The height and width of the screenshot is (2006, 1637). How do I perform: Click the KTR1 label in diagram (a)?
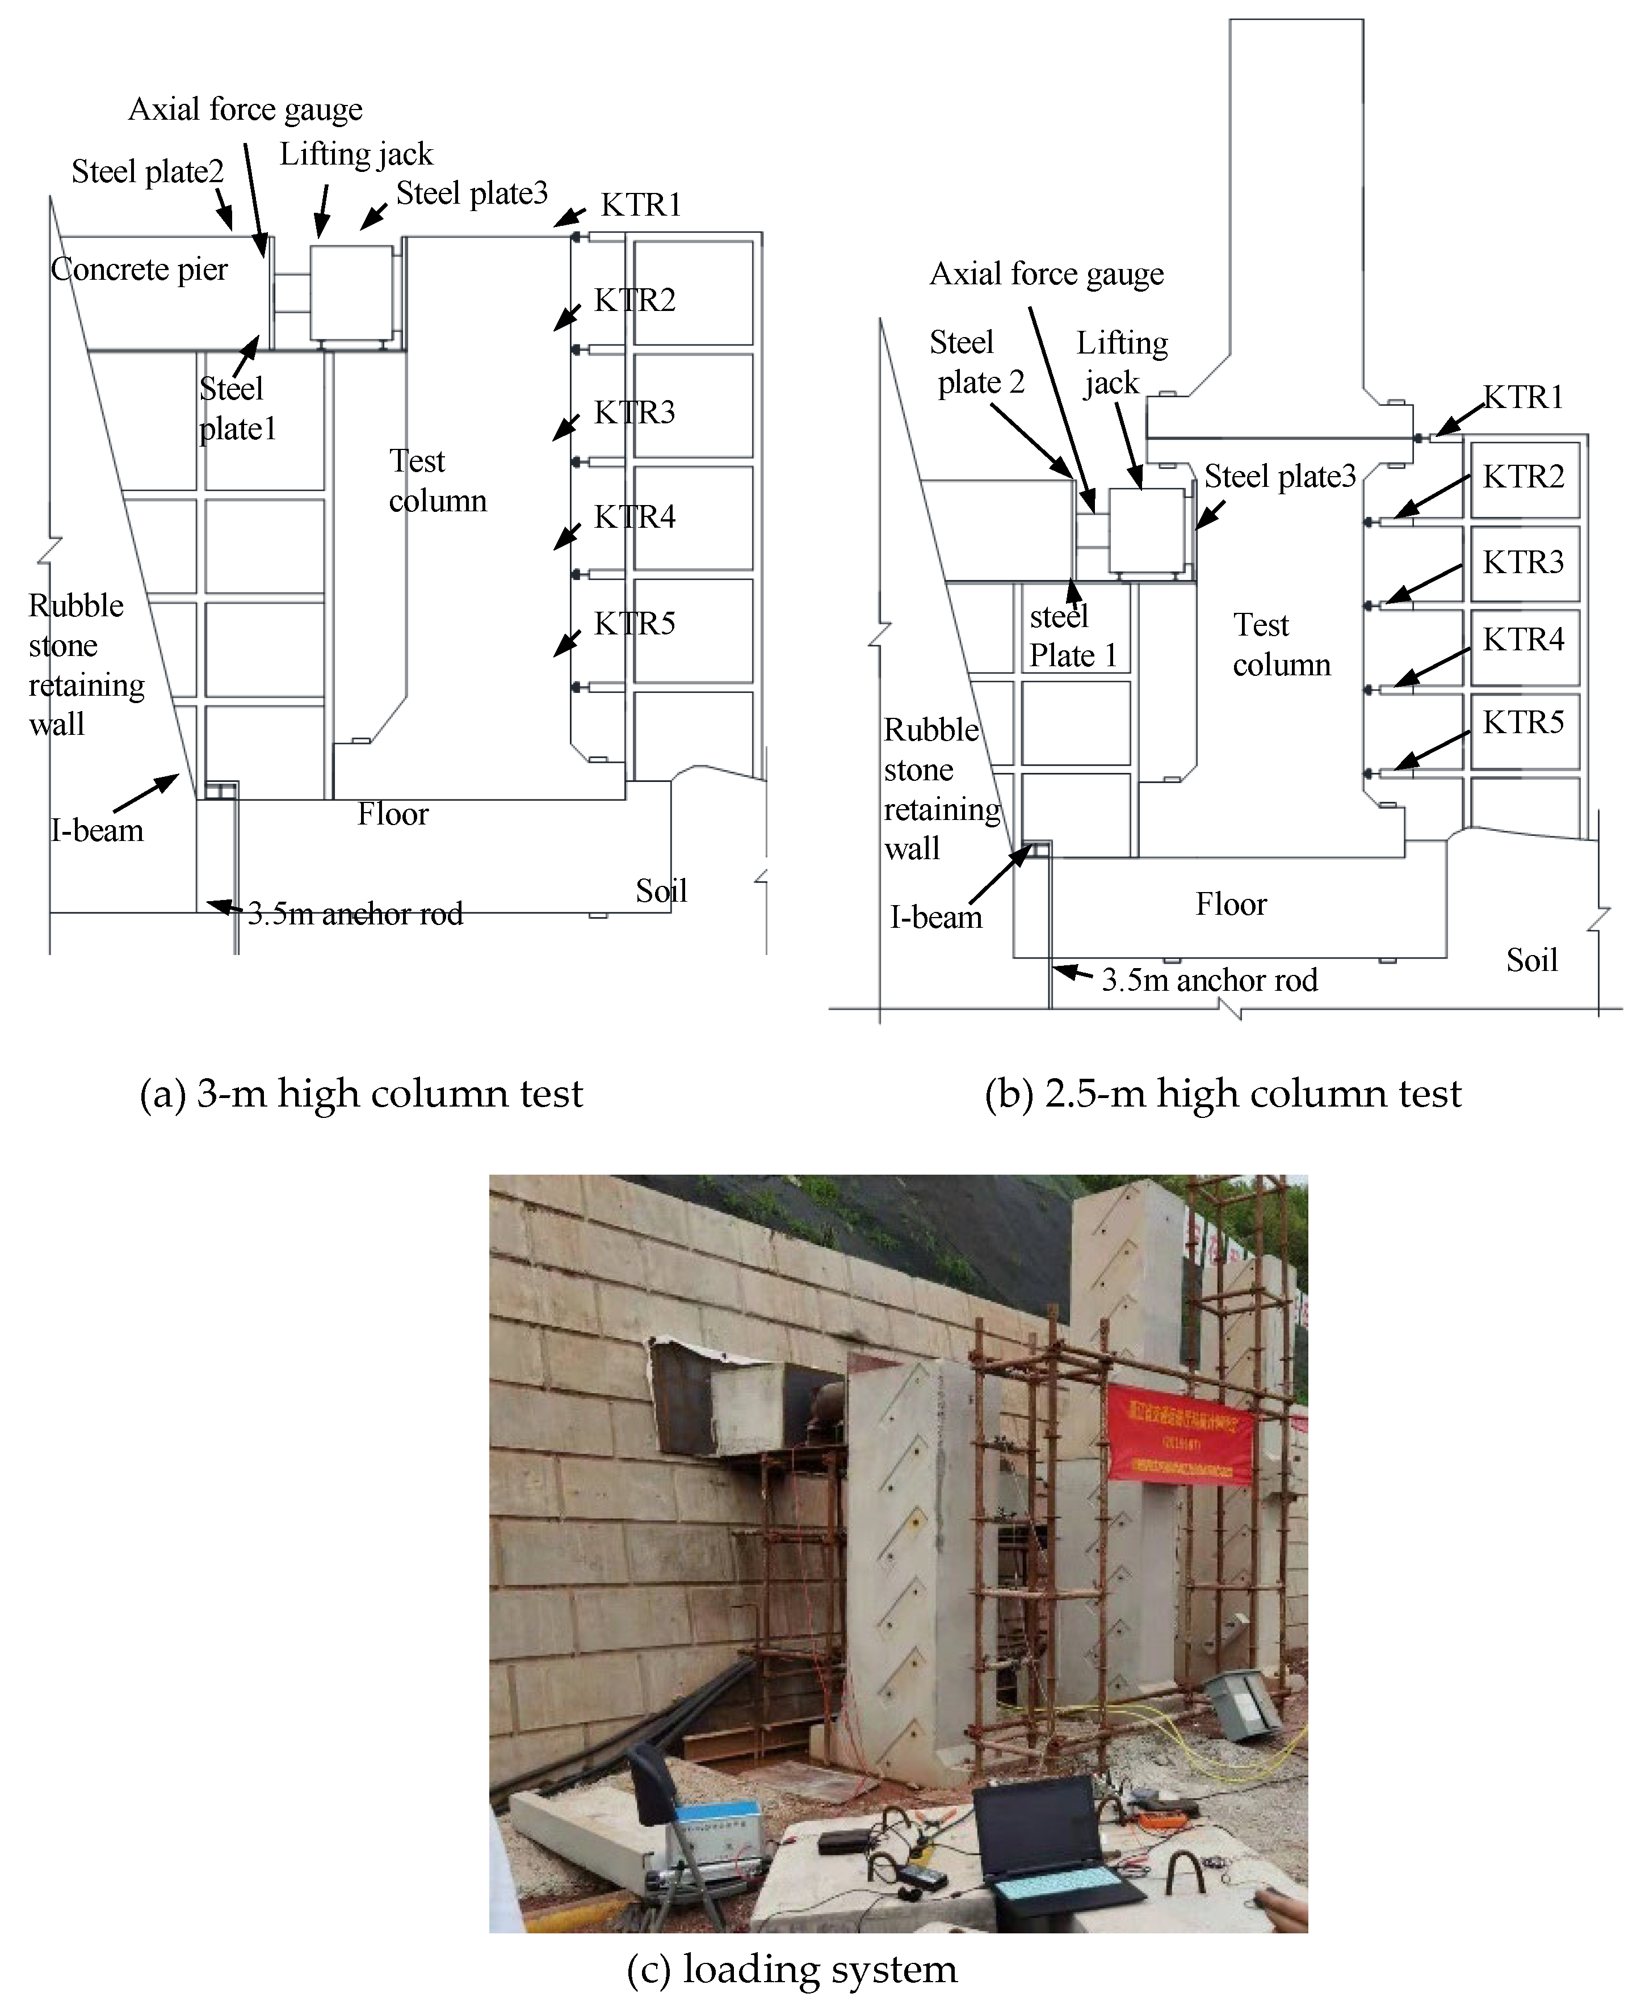click(x=641, y=204)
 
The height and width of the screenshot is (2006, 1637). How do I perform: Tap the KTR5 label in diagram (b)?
click(x=1523, y=722)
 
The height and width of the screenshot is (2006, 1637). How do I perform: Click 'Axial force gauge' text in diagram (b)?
click(x=1047, y=274)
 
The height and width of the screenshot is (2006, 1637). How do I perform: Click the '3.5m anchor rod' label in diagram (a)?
click(x=355, y=914)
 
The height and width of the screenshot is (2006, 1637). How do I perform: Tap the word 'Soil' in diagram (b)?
click(x=1531, y=961)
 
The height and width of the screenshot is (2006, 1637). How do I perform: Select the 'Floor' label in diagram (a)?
click(x=392, y=814)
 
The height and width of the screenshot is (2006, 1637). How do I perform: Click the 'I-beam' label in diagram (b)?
click(x=935, y=917)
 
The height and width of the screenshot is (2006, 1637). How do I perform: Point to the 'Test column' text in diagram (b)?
click(x=1281, y=645)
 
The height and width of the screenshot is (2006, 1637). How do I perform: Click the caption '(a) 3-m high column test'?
click(x=361, y=1094)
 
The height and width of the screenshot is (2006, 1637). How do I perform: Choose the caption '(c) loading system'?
click(x=791, y=1969)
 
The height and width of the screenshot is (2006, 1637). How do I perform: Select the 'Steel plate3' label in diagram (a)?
click(x=472, y=194)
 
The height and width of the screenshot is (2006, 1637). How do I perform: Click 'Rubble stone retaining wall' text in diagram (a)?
click(x=85, y=665)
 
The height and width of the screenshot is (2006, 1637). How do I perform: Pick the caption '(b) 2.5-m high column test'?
click(x=1222, y=1094)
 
